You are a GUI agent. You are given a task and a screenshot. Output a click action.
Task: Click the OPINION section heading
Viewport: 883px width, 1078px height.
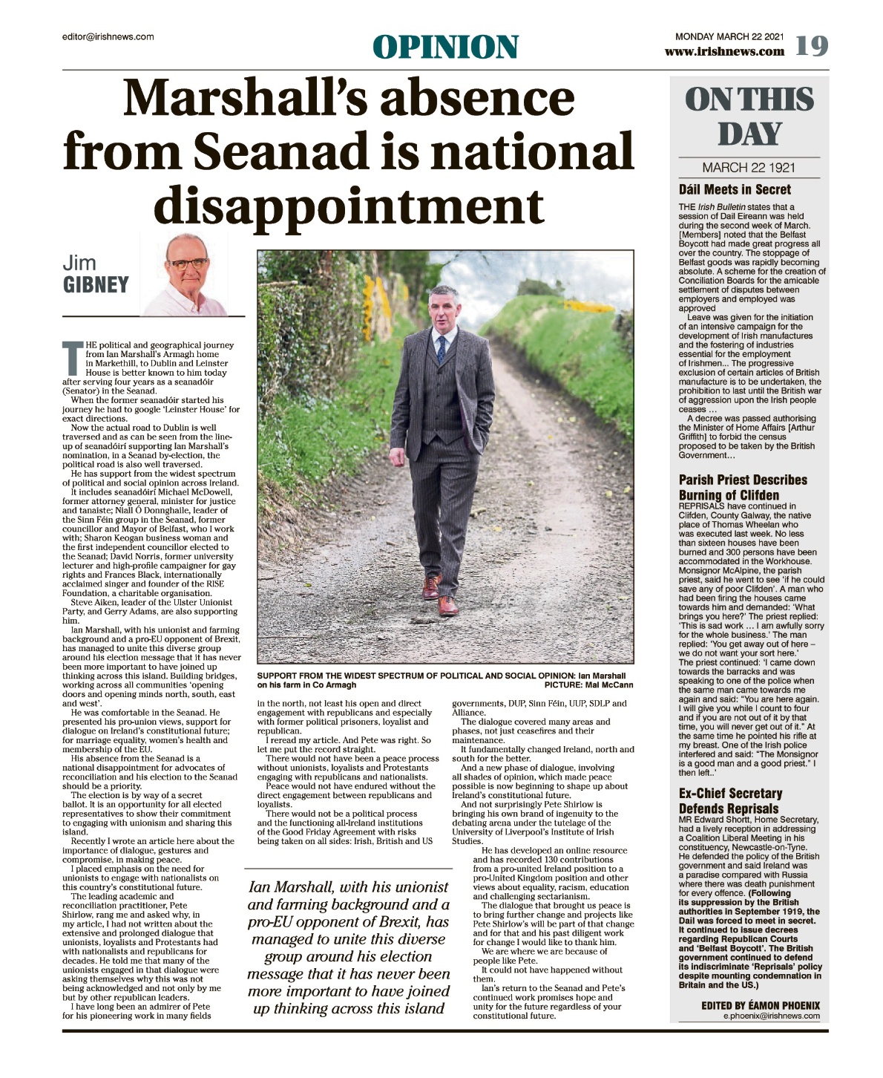[x=445, y=47]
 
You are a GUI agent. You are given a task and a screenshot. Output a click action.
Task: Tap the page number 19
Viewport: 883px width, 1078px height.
[x=811, y=46]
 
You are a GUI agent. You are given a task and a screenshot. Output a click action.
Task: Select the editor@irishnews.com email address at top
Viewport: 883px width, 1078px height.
[x=108, y=36]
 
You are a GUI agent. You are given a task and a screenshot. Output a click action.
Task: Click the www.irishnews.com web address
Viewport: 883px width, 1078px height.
[x=724, y=52]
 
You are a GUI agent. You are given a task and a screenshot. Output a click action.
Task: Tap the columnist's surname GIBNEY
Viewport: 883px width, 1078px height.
[x=96, y=285]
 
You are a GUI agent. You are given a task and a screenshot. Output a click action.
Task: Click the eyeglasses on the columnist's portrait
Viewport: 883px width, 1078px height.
[x=189, y=263]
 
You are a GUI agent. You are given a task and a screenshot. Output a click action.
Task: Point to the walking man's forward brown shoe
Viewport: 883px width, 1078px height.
[x=447, y=605]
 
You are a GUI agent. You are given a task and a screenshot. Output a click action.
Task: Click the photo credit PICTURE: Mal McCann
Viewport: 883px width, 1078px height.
[x=588, y=685]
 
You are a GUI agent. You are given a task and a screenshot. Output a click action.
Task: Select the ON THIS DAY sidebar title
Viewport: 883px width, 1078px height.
[x=749, y=117]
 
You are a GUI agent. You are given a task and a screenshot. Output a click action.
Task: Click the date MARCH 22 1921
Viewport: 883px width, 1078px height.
[x=749, y=168]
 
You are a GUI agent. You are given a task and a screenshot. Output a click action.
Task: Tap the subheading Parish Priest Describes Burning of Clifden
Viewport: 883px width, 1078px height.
[x=743, y=487]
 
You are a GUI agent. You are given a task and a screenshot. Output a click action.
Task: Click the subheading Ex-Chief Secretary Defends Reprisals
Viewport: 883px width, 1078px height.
[x=730, y=800]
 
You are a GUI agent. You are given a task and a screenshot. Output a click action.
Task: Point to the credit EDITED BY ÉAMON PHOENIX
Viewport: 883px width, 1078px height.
[x=761, y=1005]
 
